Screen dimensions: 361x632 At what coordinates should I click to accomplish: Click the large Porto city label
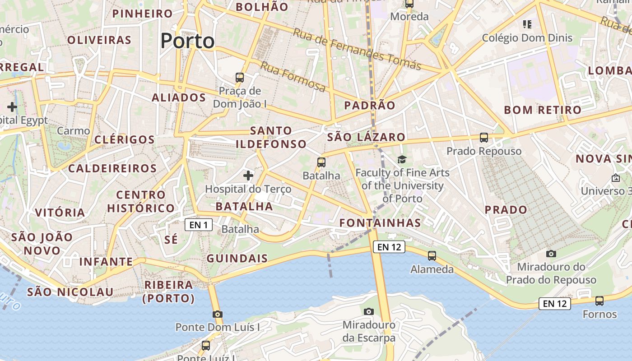point(187,41)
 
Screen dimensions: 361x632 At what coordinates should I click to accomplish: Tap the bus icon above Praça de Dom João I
point(240,77)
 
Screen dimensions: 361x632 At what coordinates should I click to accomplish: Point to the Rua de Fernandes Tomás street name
point(357,49)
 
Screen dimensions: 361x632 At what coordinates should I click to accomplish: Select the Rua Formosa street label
point(293,76)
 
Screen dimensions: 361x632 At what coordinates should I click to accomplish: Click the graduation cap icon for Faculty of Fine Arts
point(402,159)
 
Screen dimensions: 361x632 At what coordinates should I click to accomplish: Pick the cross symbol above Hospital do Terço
point(248,175)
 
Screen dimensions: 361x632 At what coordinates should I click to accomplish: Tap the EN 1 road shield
point(198,225)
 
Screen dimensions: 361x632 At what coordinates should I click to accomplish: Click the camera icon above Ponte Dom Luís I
point(217,314)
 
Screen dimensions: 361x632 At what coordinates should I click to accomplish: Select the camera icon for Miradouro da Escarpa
point(369,311)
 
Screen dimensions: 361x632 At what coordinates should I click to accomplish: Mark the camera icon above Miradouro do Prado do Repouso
point(551,254)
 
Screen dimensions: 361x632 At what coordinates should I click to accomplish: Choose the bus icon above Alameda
point(432,256)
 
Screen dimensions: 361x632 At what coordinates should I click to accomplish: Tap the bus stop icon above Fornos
point(599,301)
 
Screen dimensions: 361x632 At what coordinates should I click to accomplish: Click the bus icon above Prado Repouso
point(484,137)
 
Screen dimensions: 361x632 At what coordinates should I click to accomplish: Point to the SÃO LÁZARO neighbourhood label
point(366,137)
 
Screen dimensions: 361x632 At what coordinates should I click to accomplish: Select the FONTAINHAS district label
point(380,223)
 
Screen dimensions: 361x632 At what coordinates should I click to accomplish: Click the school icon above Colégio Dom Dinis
point(527,24)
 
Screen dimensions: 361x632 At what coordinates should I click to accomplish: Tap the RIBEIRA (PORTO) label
point(169,292)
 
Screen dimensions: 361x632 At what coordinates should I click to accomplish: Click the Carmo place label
point(74,131)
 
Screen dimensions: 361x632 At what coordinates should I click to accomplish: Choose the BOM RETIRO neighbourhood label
point(543,110)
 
